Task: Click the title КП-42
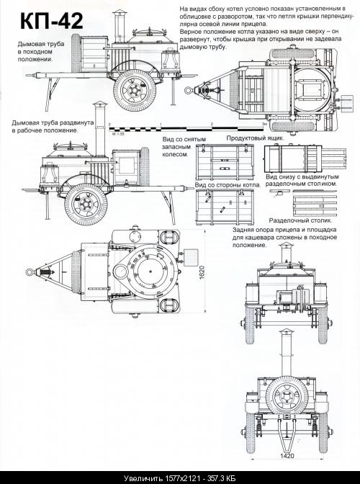pos(52,21)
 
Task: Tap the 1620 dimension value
pos(202,272)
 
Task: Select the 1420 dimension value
pos(287,456)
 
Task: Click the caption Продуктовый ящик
pos(255,138)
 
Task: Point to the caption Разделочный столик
pos(300,220)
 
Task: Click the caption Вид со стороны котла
pos(228,185)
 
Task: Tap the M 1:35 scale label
pos(117,134)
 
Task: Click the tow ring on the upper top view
pos(188,90)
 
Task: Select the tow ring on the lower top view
pos(30,272)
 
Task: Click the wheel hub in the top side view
pos(134,91)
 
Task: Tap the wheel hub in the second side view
pos(86,204)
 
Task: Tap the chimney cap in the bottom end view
pos(287,332)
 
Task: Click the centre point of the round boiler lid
pos(150,272)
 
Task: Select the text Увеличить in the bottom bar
pos(143,478)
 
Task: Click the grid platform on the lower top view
pos(190,257)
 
